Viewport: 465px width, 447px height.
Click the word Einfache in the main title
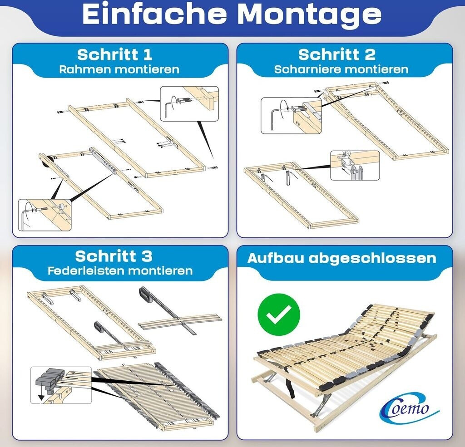click(x=154, y=14)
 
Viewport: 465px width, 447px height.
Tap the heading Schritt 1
click(x=115, y=54)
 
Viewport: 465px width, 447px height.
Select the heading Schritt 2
click(x=337, y=54)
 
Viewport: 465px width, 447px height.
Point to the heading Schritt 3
click(x=114, y=256)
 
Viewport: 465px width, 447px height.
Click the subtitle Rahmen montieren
click(x=119, y=69)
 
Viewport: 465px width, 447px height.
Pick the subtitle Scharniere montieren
click(x=341, y=69)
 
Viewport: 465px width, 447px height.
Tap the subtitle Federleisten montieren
click(x=120, y=271)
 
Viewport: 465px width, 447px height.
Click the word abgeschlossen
click(x=372, y=259)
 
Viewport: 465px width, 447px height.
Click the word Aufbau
click(x=276, y=258)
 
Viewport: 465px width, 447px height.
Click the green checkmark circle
click(x=279, y=315)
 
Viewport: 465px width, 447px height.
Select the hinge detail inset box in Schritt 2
click(x=355, y=165)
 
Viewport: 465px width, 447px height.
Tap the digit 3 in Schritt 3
click(x=147, y=256)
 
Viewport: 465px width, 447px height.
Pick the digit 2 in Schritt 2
click(x=370, y=55)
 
